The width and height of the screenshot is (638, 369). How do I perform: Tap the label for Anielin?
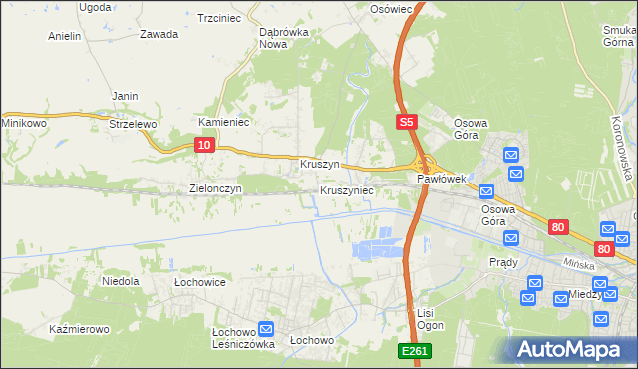(64, 36)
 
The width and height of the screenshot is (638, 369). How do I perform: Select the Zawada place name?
(159, 34)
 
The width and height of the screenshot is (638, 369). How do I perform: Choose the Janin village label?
(125, 96)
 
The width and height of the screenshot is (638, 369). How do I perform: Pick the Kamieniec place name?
(223, 122)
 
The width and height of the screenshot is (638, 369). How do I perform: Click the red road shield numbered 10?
(203, 145)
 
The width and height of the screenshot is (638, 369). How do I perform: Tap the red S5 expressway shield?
(405, 122)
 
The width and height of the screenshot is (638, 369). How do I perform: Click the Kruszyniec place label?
(347, 189)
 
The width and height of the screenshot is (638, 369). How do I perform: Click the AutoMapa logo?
(572, 349)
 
